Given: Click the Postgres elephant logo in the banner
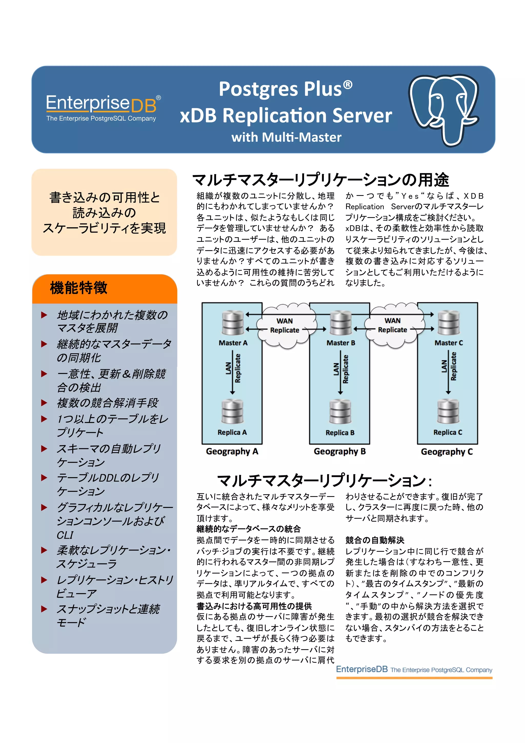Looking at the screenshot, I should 443,110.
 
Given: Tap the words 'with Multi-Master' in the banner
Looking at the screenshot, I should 286,137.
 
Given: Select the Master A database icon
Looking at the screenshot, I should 233,323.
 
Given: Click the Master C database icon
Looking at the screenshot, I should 448,323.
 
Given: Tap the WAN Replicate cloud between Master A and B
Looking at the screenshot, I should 285,326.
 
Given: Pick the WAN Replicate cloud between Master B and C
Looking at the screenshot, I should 393,325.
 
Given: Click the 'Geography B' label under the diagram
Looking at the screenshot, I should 340,451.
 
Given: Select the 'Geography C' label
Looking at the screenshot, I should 447,451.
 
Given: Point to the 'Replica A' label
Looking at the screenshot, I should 232,432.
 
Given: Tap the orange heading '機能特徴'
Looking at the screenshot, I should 79,288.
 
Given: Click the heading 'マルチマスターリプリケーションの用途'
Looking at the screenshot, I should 320,180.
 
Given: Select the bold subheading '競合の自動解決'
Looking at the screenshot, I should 375,540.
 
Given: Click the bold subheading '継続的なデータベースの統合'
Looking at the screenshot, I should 248,529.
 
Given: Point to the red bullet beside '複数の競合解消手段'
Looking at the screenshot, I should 44,403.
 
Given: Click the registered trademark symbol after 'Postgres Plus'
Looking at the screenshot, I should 348,85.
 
